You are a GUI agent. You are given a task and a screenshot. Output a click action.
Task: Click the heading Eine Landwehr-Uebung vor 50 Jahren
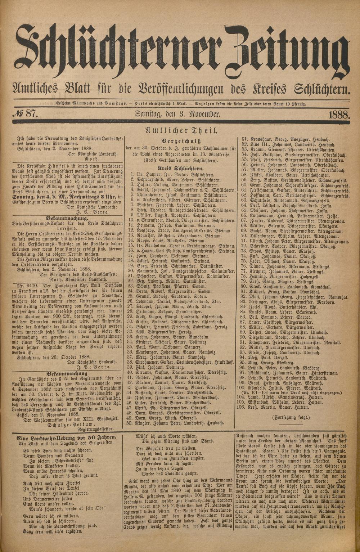click(x=67, y=437)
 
